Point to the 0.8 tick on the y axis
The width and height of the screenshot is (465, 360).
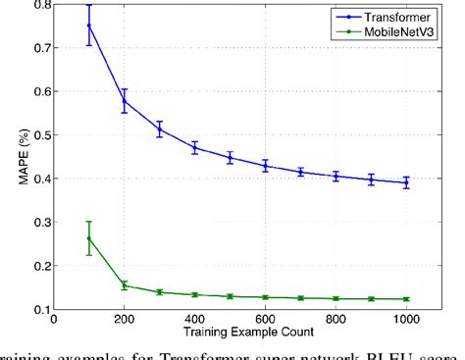tap(37, 4)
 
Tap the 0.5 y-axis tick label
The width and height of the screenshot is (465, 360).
tap(37, 134)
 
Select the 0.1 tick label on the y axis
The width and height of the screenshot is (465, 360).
tap(37, 309)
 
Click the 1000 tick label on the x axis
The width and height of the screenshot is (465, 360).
tap(406, 321)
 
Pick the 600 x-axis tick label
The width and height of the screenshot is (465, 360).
tap(265, 321)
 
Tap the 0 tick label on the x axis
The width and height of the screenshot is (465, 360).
tap(54, 321)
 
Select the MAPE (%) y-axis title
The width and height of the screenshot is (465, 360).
tap(12, 157)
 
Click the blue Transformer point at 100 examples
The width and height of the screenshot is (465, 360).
tap(89, 26)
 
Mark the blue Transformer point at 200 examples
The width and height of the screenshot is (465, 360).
tap(125, 101)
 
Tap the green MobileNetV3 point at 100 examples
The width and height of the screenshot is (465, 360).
tap(89, 238)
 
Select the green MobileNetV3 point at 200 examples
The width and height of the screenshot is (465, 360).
tap(125, 285)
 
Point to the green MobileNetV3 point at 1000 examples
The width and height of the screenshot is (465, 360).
tap(406, 299)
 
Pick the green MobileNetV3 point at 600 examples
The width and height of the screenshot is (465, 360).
tap(265, 297)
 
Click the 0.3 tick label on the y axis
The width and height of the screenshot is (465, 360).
tap(37, 222)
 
